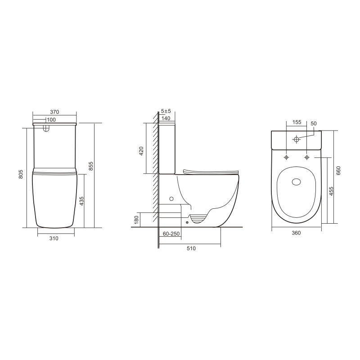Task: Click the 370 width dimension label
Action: [x=55, y=112]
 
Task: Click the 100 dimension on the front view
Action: [x=51, y=120]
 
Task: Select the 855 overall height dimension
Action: [x=91, y=166]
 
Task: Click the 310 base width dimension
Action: [x=54, y=238]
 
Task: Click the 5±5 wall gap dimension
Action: [x=166, y=111]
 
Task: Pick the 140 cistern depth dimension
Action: [x=165, y=118]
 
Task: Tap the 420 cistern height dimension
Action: [x=141, y=151]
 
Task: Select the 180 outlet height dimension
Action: [x=136, y=220]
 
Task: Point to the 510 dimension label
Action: [x=191, y=249]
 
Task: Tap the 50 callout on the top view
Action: [x=314, y=123]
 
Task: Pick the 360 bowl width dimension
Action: [x=296, y=233]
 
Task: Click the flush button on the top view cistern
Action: [x=296, y=139]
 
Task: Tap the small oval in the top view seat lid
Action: [x=297, y=182]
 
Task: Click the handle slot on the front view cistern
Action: [x=45, y=129]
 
